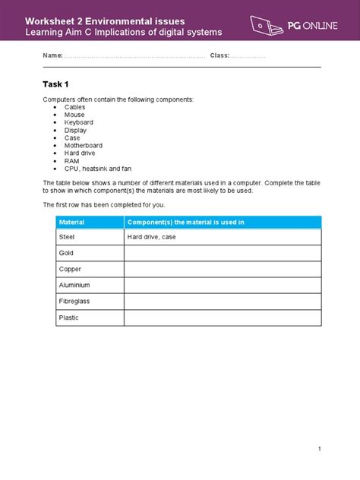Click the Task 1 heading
click(57, 84)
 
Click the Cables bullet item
click(74, 107)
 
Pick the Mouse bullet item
click(74, 115)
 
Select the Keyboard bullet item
click(78, 122)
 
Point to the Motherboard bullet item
click(83, 145)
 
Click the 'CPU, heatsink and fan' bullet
click(97, 169)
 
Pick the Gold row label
click(66, 253)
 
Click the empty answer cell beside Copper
click(223, 270)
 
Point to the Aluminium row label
click(74, 286)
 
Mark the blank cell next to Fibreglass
click(223, 302)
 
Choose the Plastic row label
click(68, 317)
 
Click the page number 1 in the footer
click(320, 449)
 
